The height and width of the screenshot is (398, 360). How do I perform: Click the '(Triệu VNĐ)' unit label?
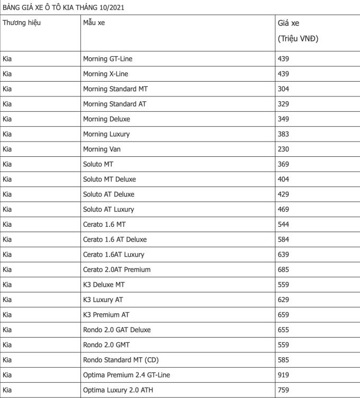(298, 39)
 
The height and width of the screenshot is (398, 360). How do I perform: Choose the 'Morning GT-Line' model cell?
(107, 59)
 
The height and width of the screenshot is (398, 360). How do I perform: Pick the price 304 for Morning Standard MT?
(283, 89)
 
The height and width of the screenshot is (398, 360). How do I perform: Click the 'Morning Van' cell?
(102, 149)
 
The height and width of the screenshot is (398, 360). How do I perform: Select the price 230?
(283, 149)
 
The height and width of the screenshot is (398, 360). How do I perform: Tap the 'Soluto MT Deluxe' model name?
(109, 179)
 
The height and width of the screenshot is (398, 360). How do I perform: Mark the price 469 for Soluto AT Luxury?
(283, 209)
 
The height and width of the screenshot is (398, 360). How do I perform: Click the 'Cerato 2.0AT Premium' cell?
(116, 269)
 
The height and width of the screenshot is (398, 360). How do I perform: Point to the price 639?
(283, 254)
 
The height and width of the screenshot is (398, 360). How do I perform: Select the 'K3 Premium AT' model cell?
(106, 315)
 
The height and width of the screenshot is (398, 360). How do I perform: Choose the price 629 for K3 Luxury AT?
(283, 299)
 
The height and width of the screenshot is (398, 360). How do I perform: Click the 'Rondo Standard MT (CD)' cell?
(121, 360)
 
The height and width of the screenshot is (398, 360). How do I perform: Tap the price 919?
(283, 375)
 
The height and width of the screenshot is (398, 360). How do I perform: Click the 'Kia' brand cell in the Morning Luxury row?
(7, 134)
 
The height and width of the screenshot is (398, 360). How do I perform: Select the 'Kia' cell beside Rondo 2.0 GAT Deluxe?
(7, 330)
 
